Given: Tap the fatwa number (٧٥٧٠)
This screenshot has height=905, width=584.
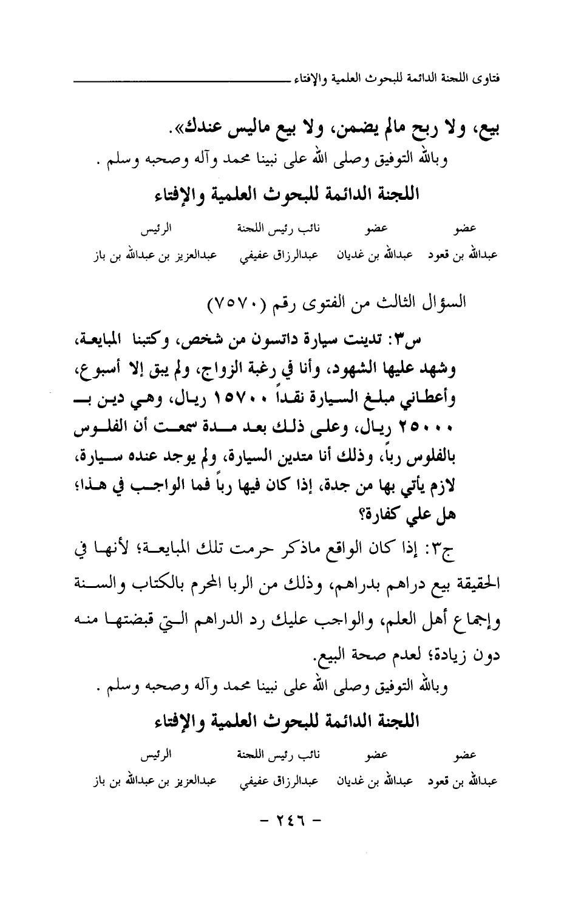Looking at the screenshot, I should [x=237, y=301].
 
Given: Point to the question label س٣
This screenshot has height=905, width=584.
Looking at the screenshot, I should [x=477, y=341].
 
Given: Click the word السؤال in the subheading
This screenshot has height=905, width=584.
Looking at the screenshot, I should [x=447, y=301].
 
